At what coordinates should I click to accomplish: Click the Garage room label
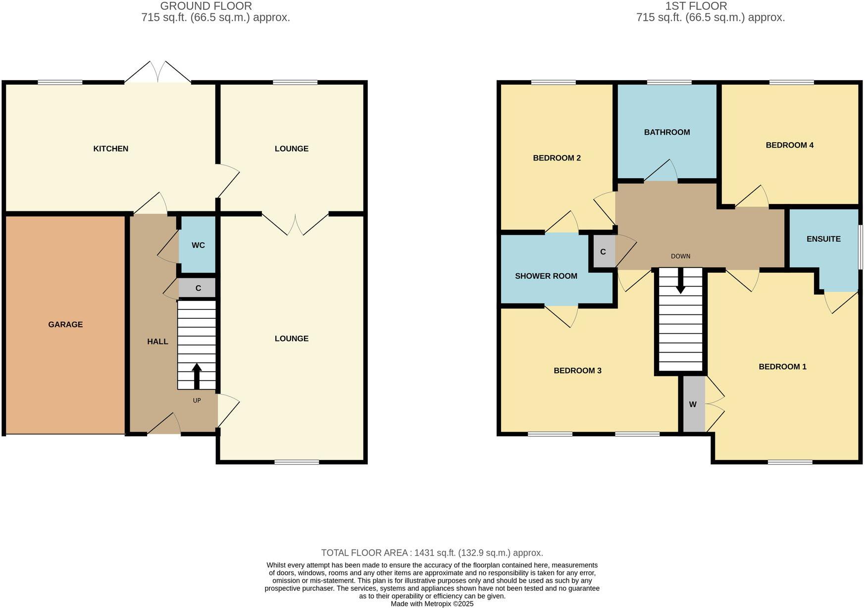pyautogui.click(x=65, y=324)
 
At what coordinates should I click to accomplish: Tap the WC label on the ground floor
pyautogui.click(x=198, y=245)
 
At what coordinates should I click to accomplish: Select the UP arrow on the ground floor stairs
pyautogui.click(x=197, y=376)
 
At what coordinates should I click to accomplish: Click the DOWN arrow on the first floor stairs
pyautogui.click(x=681, y=281)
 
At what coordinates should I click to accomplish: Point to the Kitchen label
pyautogui.click(x=111, y=149)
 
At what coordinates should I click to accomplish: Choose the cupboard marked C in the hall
pyautogui.click(x=198, y=288)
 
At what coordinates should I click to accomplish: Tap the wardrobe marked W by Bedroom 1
pyautogui.click(x=693, y=405)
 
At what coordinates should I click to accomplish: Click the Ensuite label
pyautogui.click(x=823, y=239)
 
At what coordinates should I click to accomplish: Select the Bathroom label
pyautogui.click(x=667, y=132)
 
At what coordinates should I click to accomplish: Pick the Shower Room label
pyautogui.click(x=546, y=276)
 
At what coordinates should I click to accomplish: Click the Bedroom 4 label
pyautogui.click(x=790, y=145)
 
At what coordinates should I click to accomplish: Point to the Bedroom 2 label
pyautogui.click(x=557, y=158)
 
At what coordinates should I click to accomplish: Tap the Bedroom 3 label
pyautogui.click(x=577, y=370)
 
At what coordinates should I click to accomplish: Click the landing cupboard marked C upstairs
pyautogui.click(x=603, y=252)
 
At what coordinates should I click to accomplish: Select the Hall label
pyautogui.click(x=157, y=341)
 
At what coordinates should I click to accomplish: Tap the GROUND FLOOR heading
pyautogui.click(x=206, y=6)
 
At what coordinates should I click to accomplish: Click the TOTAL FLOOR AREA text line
pyautogui.click(x=432, y=553)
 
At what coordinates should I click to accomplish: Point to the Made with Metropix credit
pyautogui.click(x=432, y=604)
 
